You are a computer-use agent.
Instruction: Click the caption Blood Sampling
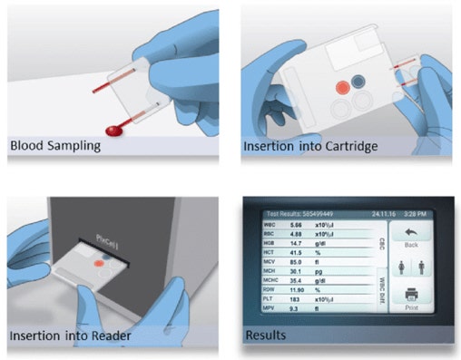click(57, 145)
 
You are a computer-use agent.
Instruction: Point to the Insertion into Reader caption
click(72, 336)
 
